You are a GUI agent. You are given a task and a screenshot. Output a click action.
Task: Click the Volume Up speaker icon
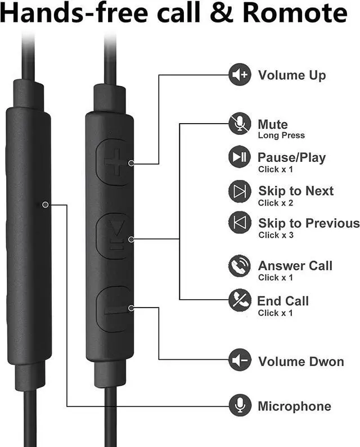240,75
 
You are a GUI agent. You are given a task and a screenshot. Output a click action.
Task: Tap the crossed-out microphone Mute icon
240,124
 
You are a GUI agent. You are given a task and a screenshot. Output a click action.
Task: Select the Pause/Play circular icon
240,158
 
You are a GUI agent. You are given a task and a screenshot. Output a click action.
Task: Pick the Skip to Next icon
240,191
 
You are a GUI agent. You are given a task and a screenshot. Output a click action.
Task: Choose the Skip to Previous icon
240,223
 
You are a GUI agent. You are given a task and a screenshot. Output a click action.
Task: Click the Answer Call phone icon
240,266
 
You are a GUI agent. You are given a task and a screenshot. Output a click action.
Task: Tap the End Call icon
240,301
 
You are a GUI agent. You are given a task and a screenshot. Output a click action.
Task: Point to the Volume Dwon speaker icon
240,360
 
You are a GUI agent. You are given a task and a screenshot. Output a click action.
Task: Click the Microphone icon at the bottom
240,405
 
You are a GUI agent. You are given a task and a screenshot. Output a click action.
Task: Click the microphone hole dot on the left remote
45,205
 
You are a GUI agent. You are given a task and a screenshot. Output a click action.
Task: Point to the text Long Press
281,136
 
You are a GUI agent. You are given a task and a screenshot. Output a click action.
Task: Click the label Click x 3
276,235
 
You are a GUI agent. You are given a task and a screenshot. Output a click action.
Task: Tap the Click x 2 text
276,202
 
